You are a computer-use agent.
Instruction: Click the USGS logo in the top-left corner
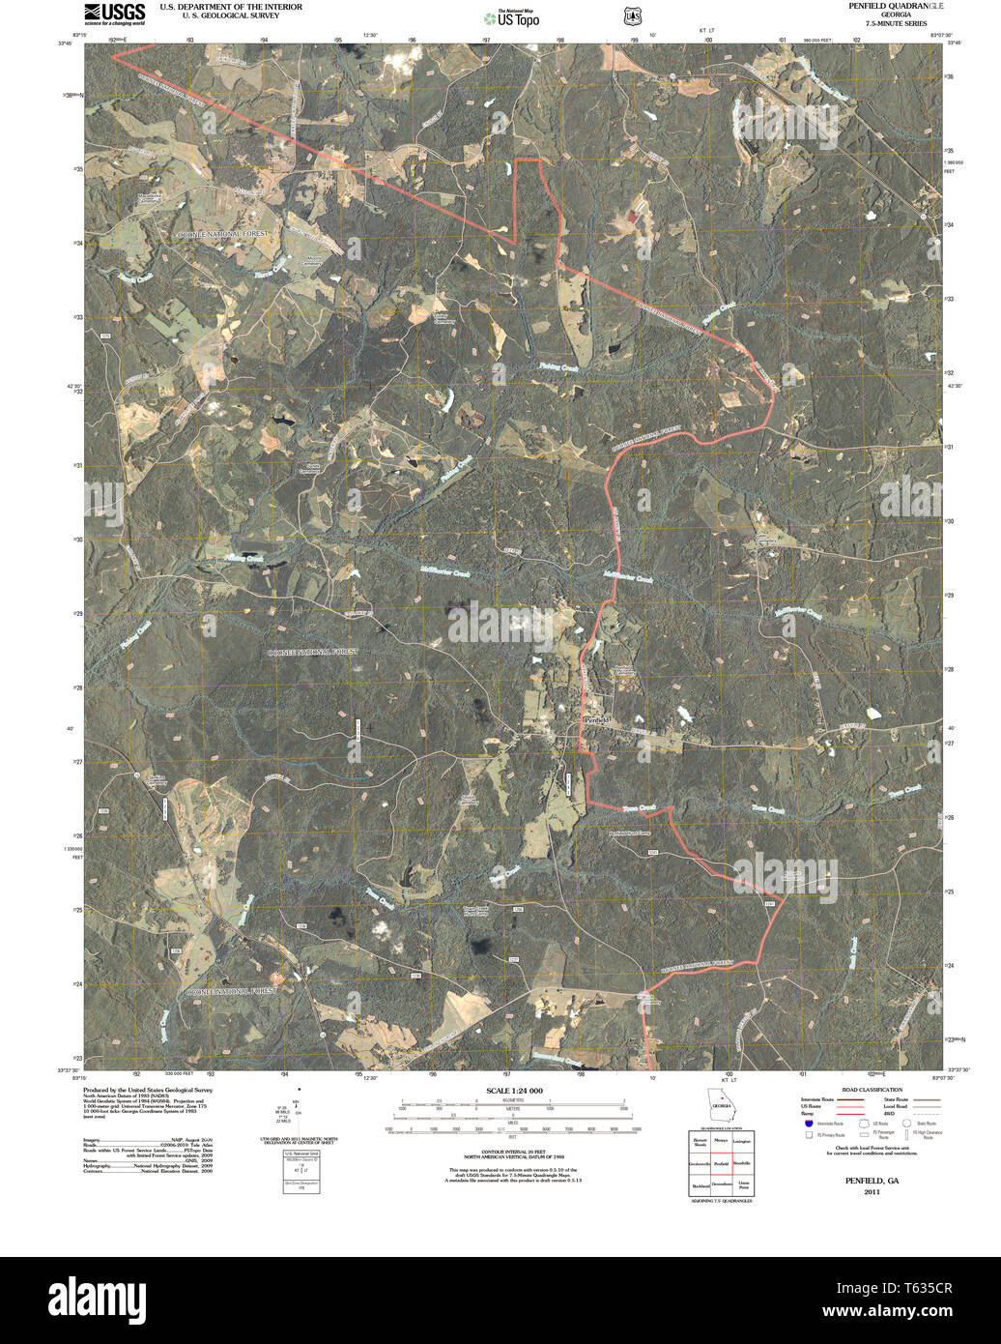pyautogui.click(x=114, y=13)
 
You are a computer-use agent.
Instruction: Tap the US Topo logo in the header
pyautogui.click(x=512, y=17)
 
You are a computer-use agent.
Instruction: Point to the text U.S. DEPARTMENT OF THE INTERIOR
pyautogui.click(x=231, y=7)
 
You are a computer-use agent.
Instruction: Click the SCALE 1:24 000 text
pyautogui.click(x=515, y=1091)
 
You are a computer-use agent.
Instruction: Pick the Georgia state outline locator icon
pyautogui.click(x=720, y=1101)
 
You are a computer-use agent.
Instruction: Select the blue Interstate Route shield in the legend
pyautogui.click(x=808, y=1123)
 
